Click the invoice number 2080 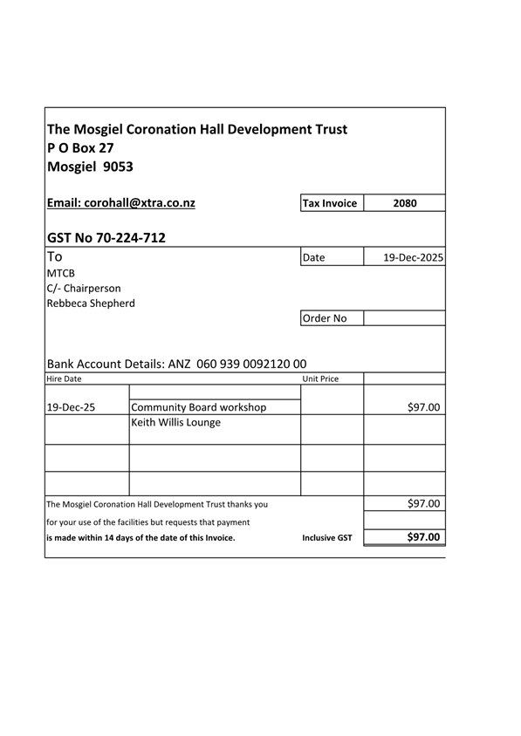click(404, 203)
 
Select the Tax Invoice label click(329, 203)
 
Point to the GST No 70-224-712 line click(106, 237)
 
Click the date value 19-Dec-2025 click(413, 258)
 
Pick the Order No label click(324, 318)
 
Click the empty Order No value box click(404, 318)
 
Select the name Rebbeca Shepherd click(91, 303)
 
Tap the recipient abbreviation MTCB click(61, 273)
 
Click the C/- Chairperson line click(84, 288)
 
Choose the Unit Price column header click(320, 379)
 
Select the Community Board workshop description click(198, 407)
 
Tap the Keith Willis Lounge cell click(175, 423)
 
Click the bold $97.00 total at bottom click(423, 537)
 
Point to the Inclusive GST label click(327, 538)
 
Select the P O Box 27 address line click(80, 148)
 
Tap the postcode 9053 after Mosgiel click(119, 167)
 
